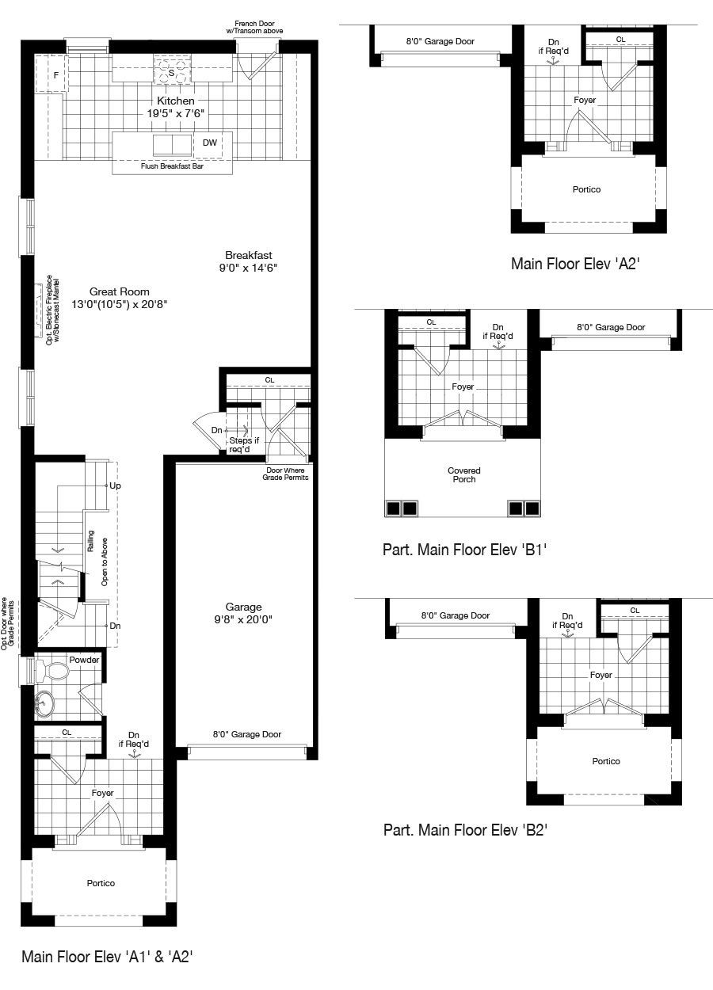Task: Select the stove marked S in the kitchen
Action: (173, 70)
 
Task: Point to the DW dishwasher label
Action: (209, 143)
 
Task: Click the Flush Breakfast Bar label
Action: (172, 166)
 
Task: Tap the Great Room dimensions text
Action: (120, 304)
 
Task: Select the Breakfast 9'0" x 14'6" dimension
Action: (248, 268)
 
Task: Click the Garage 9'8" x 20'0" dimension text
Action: (243, 619)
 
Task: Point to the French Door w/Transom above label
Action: (254, 28)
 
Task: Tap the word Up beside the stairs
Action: (115, 485)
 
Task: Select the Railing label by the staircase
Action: (90, 541)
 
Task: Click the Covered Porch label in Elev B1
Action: (463, 475)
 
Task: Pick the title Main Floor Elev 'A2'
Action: (575, 264)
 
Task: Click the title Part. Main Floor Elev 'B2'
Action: (466, 830)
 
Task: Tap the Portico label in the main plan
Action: (101, 883)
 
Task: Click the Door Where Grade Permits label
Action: (285, 474)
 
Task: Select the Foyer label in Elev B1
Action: (463, 386)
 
